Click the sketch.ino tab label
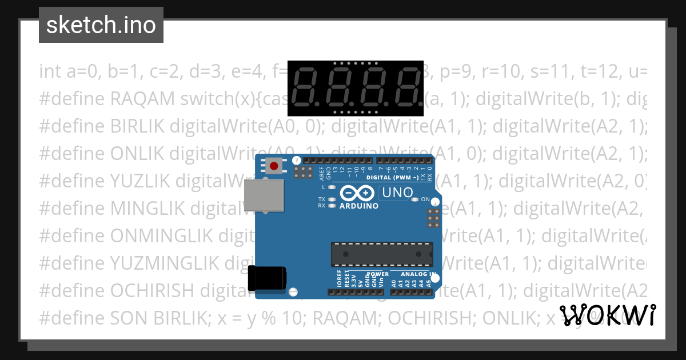pyautogui.click(x=101, y=26)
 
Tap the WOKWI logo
pyautogui.click(x=608, y=315)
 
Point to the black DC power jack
pyautogui.click(x=267, y=278)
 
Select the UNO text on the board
pyautogui.click(x=397, y=193)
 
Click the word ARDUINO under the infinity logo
pyautogui.click(x=359, y=206)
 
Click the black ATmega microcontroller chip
pyautogui.click(x=381, y=254)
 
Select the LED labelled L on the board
pyautogui.click(x=332, y=187)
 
